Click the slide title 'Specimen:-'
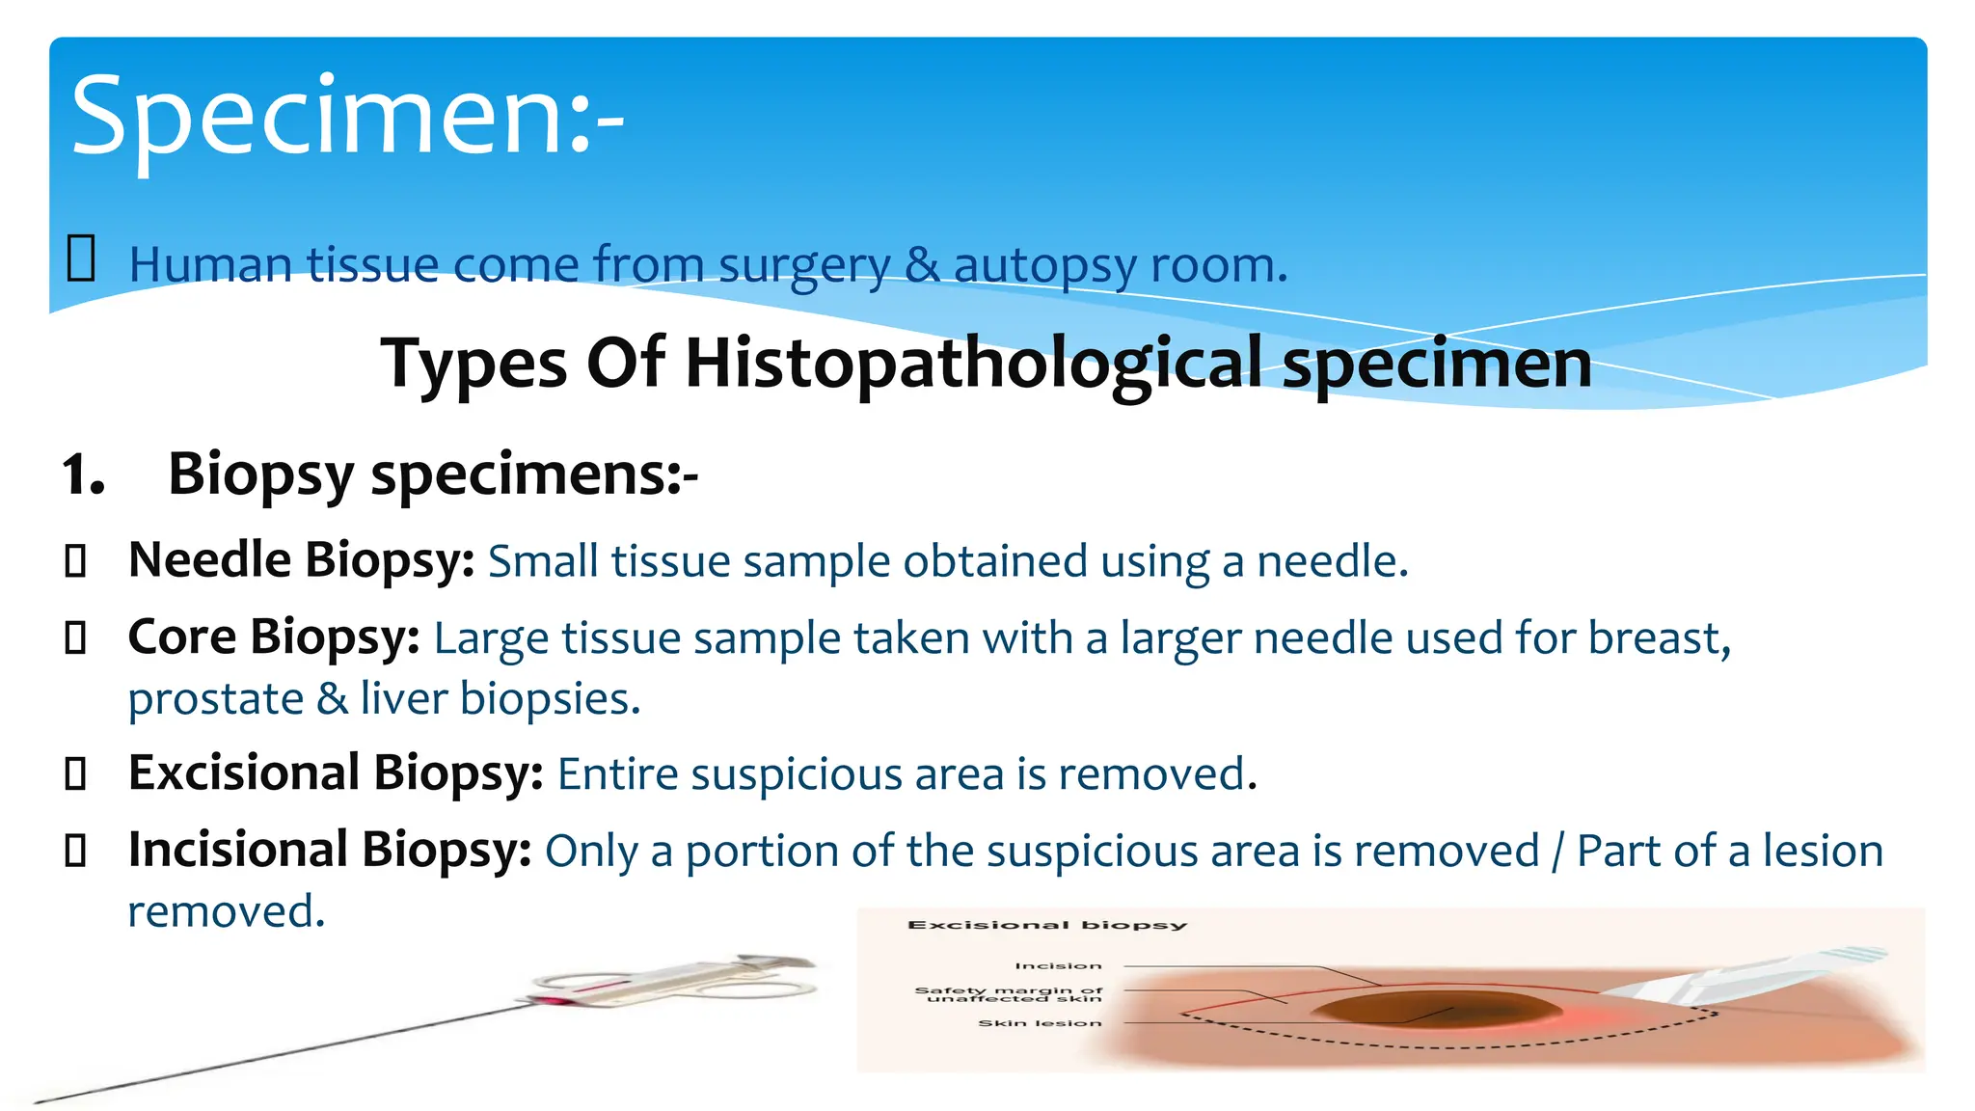(347, 118)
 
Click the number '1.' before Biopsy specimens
(83, 475)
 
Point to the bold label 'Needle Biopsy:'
(301, 560)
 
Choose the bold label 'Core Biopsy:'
(274, 637)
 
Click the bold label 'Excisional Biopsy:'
(336, 773)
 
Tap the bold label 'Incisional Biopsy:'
(330, 851)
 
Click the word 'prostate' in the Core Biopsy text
(215, 699)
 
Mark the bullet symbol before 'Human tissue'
(81, 260)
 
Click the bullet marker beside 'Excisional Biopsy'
(75, 774)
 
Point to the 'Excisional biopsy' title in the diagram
(1046, 925)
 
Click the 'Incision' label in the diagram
(1057, 965)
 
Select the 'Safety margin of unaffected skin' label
(1009, 994)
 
